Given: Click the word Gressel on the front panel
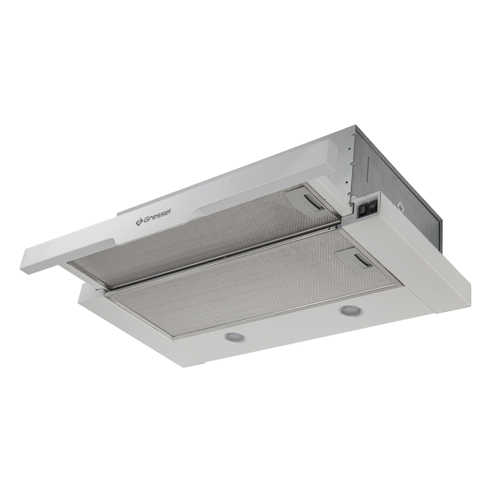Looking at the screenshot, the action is [x=157, y=217].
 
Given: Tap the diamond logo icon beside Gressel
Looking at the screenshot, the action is [x=139, y=222].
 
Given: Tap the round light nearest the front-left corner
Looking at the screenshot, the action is [x=235, y=338].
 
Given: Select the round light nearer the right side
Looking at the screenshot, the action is [x=350, y=311].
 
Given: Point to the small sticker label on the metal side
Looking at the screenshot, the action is [x=400, y=207].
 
